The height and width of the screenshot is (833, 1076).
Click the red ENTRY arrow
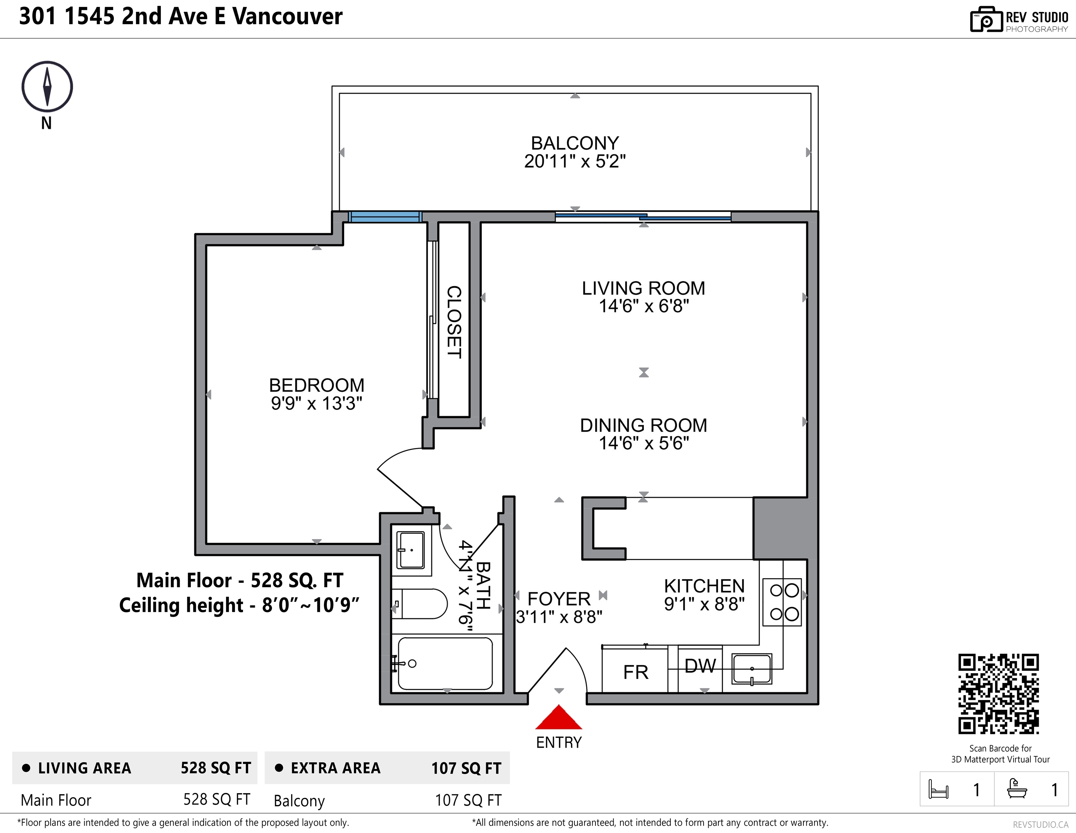coord(559,717)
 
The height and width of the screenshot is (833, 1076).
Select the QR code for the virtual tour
coord(998,694)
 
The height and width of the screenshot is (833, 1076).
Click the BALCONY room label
coord(575,143)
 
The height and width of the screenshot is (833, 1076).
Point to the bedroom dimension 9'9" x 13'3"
coord(316,403)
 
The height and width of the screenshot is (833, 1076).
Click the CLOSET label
coord(454,322)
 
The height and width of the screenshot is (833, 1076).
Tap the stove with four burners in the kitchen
coord(782,602)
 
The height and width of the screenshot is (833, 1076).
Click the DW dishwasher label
coord(700,666)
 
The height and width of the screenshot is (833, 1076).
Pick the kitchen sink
coord(752,669)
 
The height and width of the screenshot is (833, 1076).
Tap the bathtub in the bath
coord(444,663)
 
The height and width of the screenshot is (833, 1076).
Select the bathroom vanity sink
coord(411,550)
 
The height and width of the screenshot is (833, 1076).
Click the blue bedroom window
coord(385,217)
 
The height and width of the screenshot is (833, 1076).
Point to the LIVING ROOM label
coord(644,288)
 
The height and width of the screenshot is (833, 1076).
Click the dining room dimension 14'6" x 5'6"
coord(644,443)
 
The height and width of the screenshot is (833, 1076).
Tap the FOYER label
coord(559,599)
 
